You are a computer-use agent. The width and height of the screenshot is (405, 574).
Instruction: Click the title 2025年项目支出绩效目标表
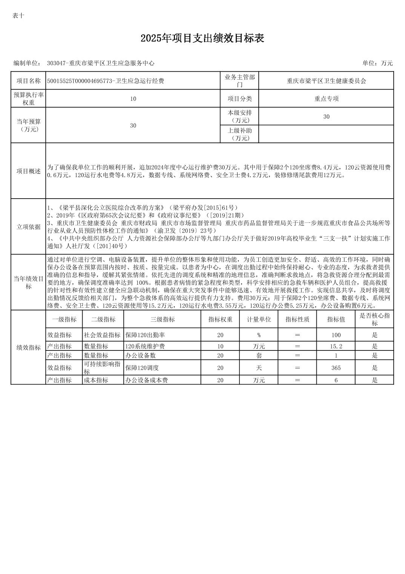point(202,38)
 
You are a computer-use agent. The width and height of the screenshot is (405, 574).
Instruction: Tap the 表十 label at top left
point(18,15)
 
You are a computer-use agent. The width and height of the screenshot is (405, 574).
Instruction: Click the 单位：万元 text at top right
point(377,63)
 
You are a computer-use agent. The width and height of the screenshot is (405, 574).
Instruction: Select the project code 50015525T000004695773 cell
point(106,81)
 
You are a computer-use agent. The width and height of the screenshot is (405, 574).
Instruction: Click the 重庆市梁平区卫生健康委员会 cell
point(326,81)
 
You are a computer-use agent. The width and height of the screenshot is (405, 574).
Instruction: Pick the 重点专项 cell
point(326,99)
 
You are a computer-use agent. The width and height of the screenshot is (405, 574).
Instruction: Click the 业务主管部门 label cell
point(239,81)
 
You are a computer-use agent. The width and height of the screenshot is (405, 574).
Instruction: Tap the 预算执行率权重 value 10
point(133,99)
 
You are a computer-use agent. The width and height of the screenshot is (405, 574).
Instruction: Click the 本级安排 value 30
point(326,117)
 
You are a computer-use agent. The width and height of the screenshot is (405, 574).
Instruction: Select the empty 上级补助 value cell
point(326,134)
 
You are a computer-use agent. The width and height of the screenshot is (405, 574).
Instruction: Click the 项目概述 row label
point(28,171)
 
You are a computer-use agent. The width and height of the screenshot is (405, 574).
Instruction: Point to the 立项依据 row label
point(28,227)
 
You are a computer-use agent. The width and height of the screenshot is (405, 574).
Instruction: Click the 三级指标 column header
point(163,319)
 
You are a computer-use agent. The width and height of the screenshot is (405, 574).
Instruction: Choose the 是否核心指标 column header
point(374,319)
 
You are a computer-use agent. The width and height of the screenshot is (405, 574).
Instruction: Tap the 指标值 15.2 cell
point(336,346)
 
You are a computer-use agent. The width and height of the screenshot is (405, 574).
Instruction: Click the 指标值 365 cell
point(336,368)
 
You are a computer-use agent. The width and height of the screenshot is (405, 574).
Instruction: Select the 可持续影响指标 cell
point(103,368)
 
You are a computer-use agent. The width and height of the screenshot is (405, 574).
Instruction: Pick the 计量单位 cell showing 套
point(259,355)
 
